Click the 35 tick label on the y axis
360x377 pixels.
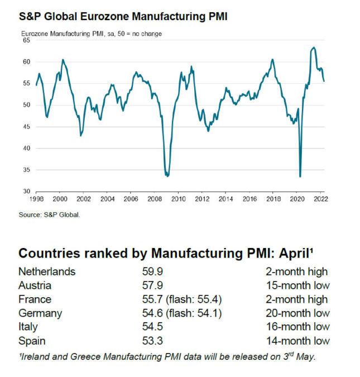(26, 170)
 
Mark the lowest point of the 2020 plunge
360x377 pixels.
(300, 176)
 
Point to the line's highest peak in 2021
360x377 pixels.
(314, 47)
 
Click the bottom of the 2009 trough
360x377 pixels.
(167, 176)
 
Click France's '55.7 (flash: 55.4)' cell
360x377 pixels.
(181, 299)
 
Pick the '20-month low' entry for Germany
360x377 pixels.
(297, 313)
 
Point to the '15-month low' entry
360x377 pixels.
(297, 286)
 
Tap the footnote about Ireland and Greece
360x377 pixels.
(167, 356)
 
